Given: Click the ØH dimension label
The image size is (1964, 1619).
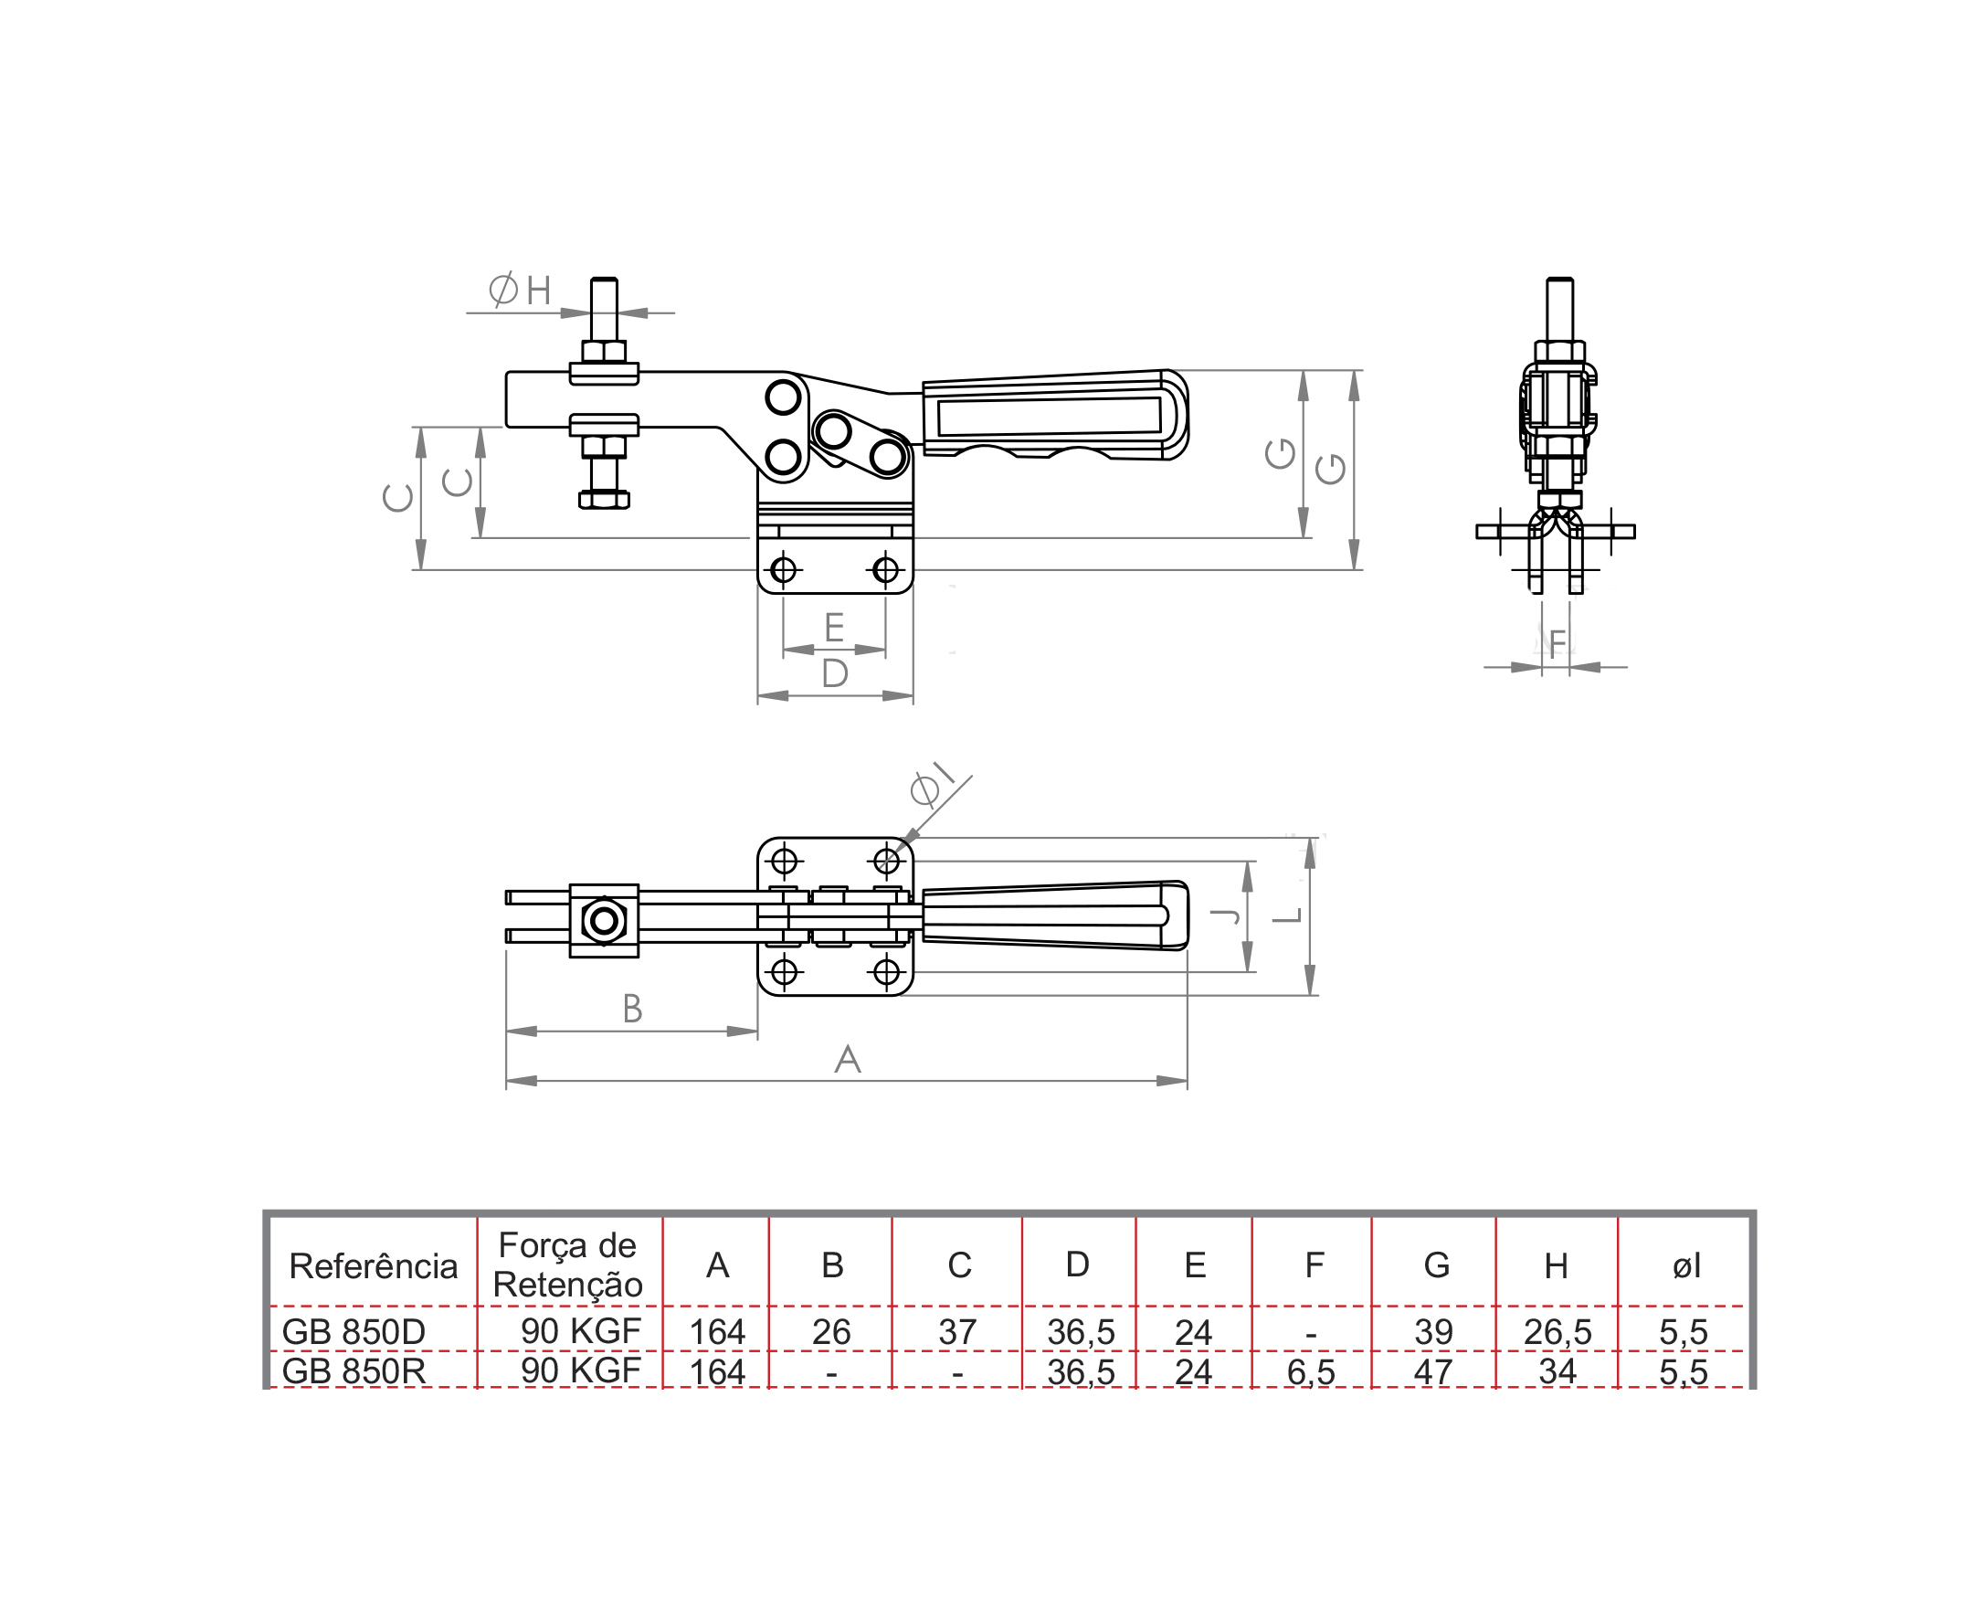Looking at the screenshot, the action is pyautogui.click(x=520, y=290).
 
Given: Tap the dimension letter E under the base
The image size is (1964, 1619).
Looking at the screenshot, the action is pyautogui.click(x=834, y=628).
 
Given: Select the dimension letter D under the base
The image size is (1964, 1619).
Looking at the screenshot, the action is pyautogui.click(x=835, y=672).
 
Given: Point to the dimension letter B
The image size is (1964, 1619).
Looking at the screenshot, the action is pyautogui.click(x=632, y=1008).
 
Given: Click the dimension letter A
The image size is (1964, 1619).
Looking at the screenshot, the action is pyautogui.click(x=847, y=1059).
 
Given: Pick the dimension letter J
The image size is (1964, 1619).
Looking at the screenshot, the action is pyautogui.click(x=1224, y=915).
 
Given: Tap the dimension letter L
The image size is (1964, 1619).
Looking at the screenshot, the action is pyautogui.click(x=1288, y=915).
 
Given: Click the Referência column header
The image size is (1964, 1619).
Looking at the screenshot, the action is pyautogui.click(x=373, y=1265).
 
